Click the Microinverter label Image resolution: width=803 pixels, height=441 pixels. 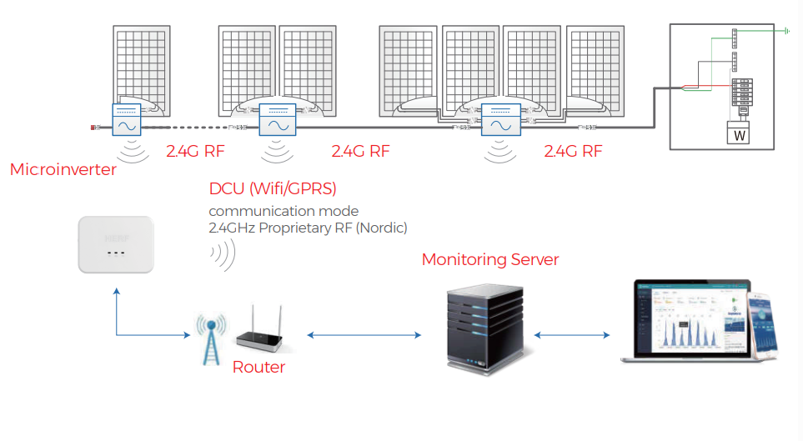click(x=63, y=170)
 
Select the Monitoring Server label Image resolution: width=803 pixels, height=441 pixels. click(x=490, y=259)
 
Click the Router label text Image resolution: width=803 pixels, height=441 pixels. click(x=258, y=368)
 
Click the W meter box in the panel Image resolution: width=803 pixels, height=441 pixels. click(x=740, y=133)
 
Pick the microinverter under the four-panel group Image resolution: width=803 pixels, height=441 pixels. click(x=499, y=121)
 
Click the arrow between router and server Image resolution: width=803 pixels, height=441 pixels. click(x=364, y=335)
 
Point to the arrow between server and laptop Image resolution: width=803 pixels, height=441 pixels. click(x=571, y=335)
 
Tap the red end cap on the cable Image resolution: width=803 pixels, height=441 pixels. click(x=93, y=128)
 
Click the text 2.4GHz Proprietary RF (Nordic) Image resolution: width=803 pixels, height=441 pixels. click(x=308, y=228)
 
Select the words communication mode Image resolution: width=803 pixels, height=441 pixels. click(x=284, y=211)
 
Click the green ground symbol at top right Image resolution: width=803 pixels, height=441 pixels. click(x=785, y=32)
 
